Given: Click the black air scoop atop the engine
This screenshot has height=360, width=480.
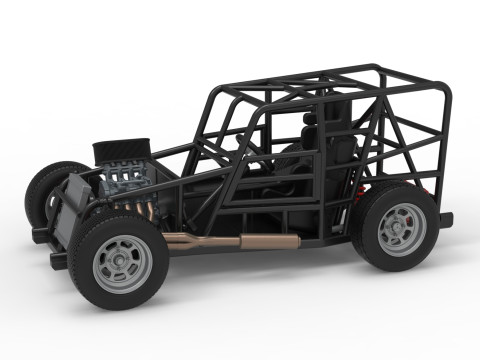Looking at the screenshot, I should click(121, 150).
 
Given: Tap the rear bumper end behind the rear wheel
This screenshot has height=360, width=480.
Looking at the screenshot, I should click(445, 219).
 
